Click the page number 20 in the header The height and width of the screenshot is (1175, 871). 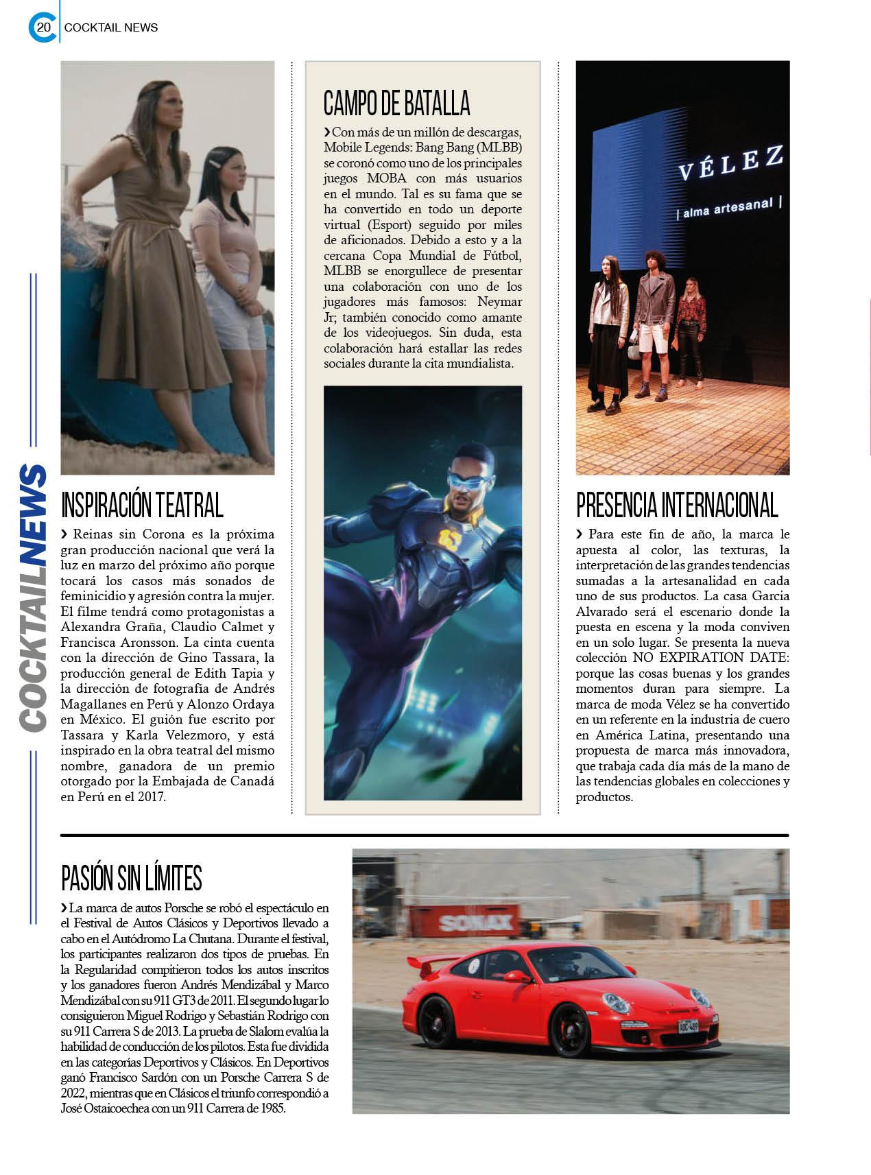(43, 27)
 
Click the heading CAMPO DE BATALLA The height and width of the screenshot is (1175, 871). (396, 103)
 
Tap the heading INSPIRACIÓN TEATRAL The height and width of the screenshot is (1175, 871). (142, 506)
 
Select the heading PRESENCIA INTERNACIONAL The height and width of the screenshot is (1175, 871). (677, 506)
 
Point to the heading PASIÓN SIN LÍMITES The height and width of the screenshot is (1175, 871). (132, 877)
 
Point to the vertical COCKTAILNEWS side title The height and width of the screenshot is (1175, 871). (33, 597)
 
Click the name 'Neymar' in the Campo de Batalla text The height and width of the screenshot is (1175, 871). (499, 302)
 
